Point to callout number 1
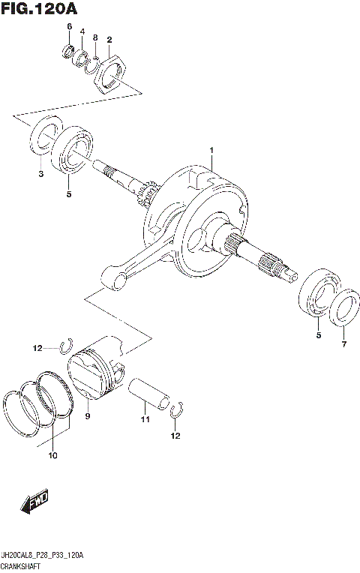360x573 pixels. (212, 151)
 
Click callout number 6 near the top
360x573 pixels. (69, 28)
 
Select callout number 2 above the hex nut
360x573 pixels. (109, 39)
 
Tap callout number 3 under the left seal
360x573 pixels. (40, 174)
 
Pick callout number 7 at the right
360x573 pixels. (344, 344)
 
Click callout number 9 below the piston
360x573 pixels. (87, 415)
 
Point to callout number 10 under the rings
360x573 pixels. (52, 455)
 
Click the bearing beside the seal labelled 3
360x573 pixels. (73, 151)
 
